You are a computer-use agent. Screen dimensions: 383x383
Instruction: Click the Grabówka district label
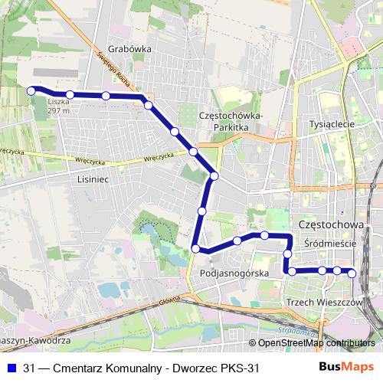[x=129, y=47]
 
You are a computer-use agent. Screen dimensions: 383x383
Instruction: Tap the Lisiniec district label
[x=94, y=178]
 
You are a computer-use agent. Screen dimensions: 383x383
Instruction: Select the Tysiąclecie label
[x=330, y=123]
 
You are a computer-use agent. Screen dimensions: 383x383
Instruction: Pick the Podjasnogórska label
[x=233, y=273]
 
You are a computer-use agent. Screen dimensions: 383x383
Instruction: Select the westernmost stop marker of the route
[x=31, y=90]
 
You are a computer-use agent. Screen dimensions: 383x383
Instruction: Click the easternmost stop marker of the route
[x=352, y=273]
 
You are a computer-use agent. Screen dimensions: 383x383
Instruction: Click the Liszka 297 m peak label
[x=58, y=106]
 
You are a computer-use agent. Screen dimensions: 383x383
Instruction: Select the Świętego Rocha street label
[x=116, y=72]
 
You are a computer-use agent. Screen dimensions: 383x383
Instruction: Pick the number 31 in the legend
[x=30, y=368]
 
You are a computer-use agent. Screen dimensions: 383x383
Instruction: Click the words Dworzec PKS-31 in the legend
[x=223, y=368]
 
